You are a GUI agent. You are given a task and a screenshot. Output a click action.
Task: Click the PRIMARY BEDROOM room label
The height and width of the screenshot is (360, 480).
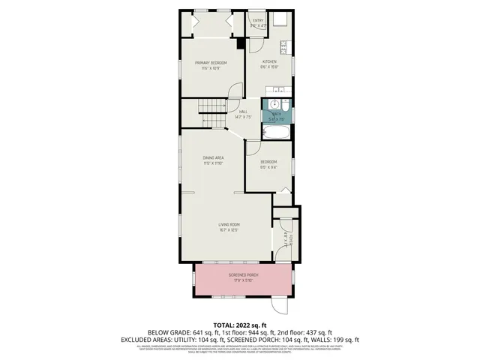[x=211, y=63]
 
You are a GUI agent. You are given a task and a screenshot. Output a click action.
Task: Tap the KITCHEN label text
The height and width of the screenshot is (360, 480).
[x=268, y=61]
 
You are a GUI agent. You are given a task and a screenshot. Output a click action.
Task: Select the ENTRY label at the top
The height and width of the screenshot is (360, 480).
[x=258, y=20]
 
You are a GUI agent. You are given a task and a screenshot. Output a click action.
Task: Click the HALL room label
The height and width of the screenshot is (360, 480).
[x=243, y=112]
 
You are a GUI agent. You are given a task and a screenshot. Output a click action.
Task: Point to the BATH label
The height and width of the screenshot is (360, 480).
[x=276, y=114]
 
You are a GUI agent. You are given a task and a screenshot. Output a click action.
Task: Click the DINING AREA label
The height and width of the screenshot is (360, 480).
[x=214, y=157]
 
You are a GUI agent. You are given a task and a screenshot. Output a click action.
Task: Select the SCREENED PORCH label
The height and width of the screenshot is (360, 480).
[x=243, y=275]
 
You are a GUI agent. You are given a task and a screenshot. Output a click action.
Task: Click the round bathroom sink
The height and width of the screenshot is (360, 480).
[x=274, y=104]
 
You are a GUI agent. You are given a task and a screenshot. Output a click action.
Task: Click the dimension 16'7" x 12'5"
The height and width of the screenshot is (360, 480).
[x=228, y=229]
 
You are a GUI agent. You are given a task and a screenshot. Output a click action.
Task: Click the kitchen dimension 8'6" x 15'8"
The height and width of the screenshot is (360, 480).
[x=268, y=67]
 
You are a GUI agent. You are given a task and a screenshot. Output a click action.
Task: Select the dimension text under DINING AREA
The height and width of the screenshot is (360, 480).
[x=214, y=163]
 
